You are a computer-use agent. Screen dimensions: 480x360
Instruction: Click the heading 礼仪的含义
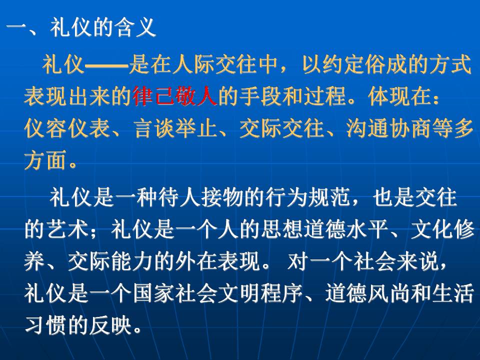click(x=103, y=27)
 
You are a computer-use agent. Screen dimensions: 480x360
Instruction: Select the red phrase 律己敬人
click(x=175, y=96)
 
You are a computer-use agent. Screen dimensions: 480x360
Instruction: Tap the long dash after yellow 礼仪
click(x=106, y=65)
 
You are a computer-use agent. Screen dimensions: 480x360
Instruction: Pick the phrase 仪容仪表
click(x=67, y=128)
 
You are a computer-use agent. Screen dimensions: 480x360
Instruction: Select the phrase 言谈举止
click(x=175, y=128)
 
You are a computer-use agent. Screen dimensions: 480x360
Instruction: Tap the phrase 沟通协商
click(x=389, y=128)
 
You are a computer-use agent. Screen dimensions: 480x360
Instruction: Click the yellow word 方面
click(x=45, y=160)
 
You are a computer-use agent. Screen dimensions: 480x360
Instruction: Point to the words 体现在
click(x=400, y=96)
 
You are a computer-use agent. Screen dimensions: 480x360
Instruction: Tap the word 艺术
click(x=67, y=229)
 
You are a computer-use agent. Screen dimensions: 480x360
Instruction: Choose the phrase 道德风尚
click(x=367, y=293)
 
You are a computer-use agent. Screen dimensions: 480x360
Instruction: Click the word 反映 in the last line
click(x=110, y=325)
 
